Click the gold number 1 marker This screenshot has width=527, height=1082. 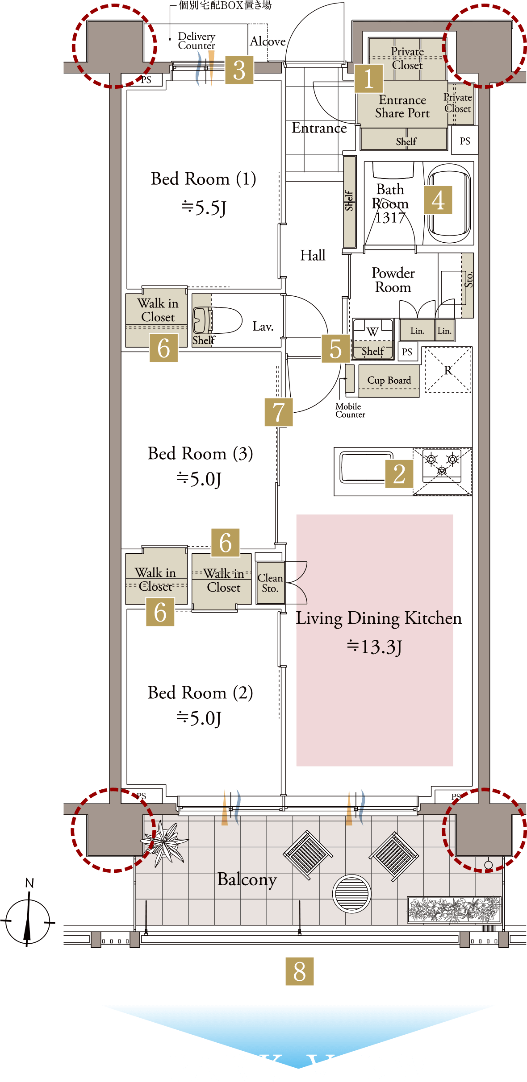368,79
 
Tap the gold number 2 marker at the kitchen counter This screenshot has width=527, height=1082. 399,474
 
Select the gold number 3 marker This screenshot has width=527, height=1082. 239,70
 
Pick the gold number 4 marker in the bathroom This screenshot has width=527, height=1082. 438,200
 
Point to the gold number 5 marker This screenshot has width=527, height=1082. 335,348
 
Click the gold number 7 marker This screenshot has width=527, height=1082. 279,412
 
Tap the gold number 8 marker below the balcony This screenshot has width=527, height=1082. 299,971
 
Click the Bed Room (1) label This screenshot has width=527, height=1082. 203,179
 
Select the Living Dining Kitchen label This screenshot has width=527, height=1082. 379,618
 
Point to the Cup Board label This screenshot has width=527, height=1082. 389,380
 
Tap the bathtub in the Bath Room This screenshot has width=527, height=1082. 449,204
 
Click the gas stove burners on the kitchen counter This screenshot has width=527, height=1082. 442,464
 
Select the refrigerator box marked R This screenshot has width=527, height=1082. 448,370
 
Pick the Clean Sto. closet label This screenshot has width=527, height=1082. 270,583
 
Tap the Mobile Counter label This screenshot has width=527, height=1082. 350,410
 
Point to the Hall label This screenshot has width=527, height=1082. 313,256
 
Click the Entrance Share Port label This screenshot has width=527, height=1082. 402,107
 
